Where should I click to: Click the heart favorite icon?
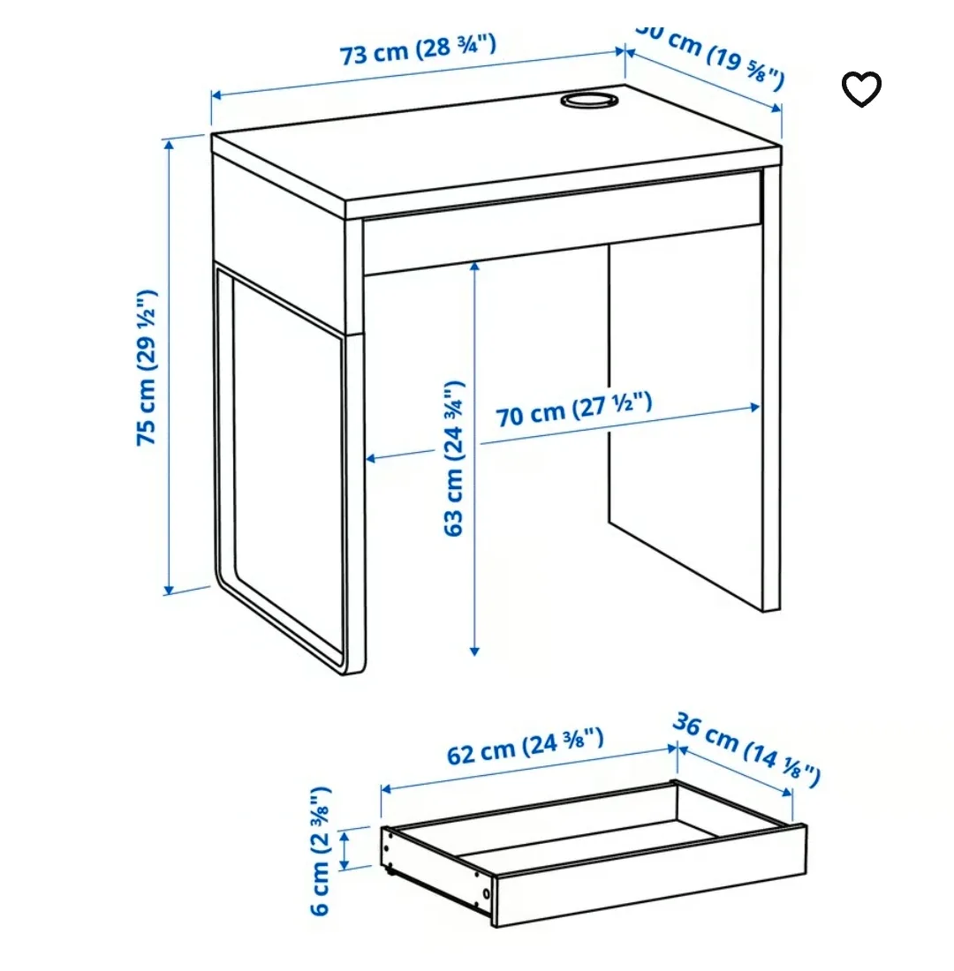click(860, 88)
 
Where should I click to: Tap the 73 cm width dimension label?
click(418, 50)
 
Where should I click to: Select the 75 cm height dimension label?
click(147, 366)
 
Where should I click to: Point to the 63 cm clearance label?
click(453, 458)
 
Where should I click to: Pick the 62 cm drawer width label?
click(525, 747)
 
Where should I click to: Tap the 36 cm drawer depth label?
click(747, 747)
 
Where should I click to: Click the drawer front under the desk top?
click(561, 221)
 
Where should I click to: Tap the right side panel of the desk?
click(771, 388)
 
